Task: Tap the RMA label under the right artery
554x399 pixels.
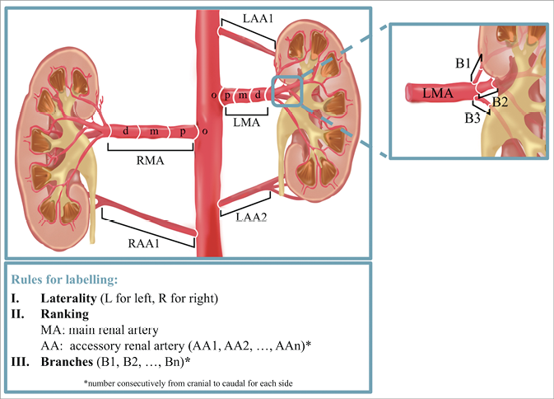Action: point(150,161)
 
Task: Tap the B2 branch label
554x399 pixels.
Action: point(500,101)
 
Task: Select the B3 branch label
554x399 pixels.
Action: point(472,119)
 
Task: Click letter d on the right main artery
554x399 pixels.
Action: point(125,132)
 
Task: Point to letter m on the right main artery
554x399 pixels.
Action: point(152,132)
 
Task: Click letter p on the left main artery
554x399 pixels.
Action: point(227,94)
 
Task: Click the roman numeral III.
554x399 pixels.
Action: point(20,360)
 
